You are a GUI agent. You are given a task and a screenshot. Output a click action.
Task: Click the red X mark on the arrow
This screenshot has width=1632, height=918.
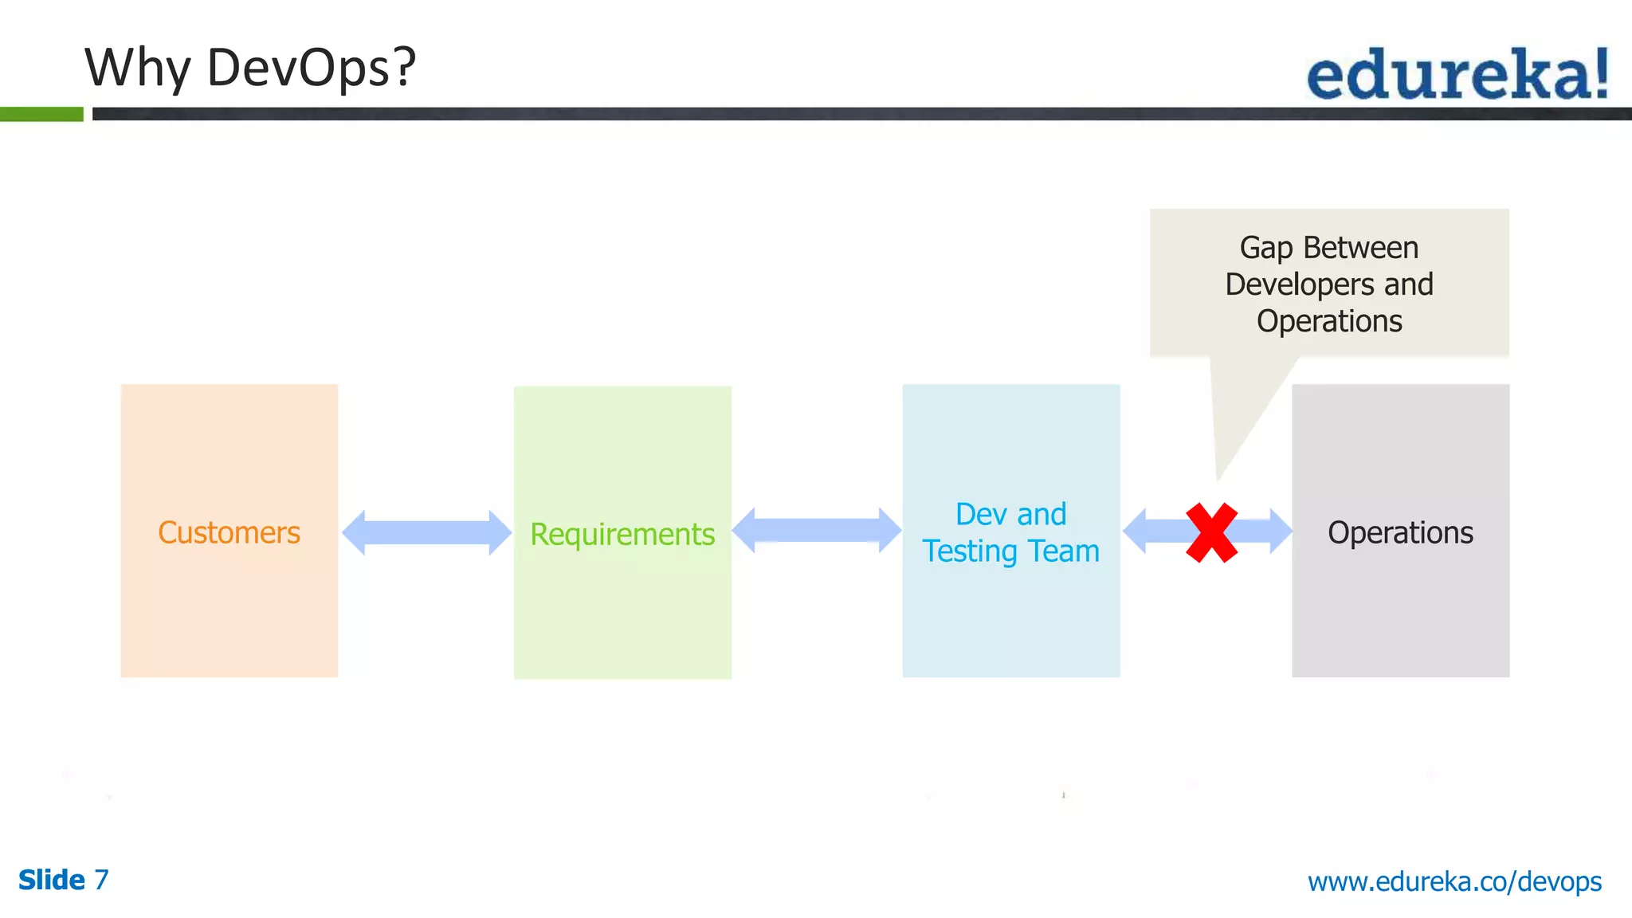(1211, 532)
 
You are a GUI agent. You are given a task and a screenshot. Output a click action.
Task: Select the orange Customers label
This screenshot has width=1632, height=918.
(229, 532)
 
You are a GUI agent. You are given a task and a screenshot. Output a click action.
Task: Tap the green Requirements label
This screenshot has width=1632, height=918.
(622, 534)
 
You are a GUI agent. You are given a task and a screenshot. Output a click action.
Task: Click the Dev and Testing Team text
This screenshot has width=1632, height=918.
(1010, 532)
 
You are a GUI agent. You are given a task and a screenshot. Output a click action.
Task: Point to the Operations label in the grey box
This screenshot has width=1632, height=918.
(1400, 532)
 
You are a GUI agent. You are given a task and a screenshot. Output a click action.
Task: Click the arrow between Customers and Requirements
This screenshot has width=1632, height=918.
(426, 532)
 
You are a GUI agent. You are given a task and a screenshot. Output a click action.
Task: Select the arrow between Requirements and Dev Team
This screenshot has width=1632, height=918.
(817, 530)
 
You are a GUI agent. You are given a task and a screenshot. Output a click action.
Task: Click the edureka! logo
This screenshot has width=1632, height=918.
(1457, 74)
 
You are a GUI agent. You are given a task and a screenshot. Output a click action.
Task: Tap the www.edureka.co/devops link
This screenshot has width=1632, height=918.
(1454, 881)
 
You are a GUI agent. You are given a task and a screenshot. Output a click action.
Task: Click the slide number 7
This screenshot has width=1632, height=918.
(101, 880)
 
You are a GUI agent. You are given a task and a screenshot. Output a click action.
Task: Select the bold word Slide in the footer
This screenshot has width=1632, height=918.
(52, 880)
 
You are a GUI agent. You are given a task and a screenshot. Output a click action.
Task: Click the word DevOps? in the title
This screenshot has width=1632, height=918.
(312, 67)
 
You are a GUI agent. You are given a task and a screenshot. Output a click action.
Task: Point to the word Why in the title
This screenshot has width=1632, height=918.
(137, 69)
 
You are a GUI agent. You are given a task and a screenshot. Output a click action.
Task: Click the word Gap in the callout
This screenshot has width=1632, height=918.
(1266, 249)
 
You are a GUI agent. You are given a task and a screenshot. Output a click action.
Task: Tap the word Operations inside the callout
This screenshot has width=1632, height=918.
(1329, 321)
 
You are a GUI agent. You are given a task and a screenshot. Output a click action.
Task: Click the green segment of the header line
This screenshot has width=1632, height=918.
(41, 114)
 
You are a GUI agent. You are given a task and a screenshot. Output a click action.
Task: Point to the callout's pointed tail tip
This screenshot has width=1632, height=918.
(1218, 478)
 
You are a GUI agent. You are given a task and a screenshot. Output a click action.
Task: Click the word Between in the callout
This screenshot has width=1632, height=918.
(1361, 248)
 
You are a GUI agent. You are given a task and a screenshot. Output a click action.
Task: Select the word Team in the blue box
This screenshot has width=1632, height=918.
(1064, 551)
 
